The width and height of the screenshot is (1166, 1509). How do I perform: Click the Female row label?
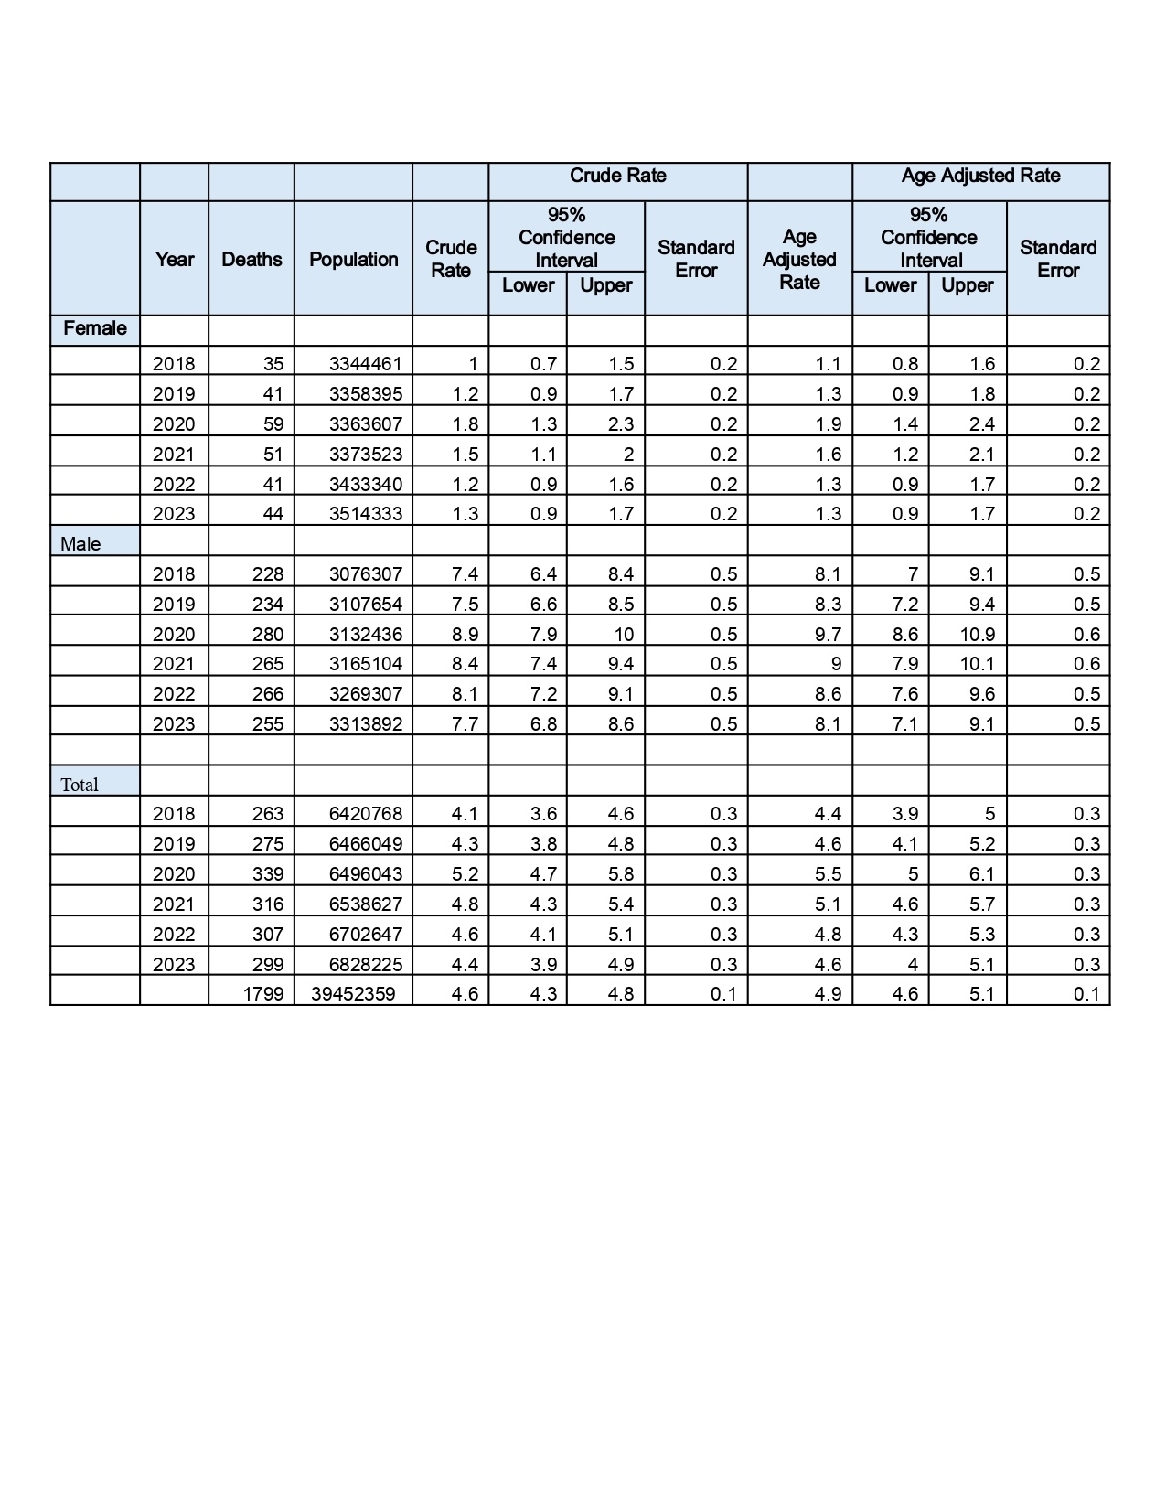tap(95, 328)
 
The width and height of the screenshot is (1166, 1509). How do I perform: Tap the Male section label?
tap(80, 544)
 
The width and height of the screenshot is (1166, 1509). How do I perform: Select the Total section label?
tap(80, 785)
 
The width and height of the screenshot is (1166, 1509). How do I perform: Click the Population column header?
tap(354, 260)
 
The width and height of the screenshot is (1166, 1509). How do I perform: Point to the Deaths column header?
tap(251, 260)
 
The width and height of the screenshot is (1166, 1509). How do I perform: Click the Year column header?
tap(174, 260)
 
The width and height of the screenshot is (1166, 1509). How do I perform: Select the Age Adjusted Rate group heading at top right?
tap(980, 176)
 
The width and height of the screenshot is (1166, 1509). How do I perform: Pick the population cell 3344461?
tap(366, 364)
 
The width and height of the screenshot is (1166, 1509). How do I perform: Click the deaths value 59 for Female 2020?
tap(273, 424)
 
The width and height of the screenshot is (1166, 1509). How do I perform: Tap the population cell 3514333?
tap(366, 514)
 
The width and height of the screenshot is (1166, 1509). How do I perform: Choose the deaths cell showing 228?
tap(268, 574)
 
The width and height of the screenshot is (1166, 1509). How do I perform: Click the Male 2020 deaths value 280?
tap(268, 635)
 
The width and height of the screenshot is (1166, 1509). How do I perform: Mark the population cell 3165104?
tap(366, 664)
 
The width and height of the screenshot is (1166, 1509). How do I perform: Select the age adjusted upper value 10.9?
tap(978, 635)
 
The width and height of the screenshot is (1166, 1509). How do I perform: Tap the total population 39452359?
tap(353, 994)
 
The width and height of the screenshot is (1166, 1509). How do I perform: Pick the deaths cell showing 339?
tap(268, 874)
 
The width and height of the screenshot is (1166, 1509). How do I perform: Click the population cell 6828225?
tap(366, 965)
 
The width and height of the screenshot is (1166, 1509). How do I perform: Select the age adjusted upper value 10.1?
tap(978, 664)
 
